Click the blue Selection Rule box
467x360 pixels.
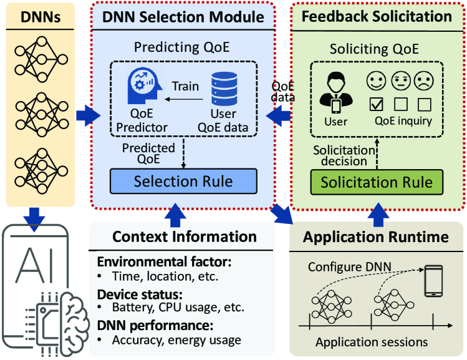[183, 182]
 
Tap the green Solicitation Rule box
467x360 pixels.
[377, 182]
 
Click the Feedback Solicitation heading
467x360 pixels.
[377, 17]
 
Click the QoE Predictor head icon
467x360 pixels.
[143, 88]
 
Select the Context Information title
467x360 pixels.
[185, 237]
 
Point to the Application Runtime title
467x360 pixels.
[376, 237]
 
